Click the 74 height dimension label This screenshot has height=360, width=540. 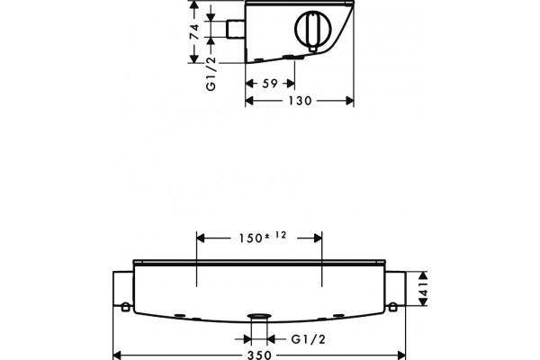point(195,31)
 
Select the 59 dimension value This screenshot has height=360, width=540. point(270,84)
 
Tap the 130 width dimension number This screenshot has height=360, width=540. point(300,101)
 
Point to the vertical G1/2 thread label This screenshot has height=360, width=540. point(211,74)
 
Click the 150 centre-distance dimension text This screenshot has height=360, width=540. point(251,238)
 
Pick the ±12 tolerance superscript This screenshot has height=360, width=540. point(276,236)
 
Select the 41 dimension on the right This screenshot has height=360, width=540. point(423,289)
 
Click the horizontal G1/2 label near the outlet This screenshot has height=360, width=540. point(308,339)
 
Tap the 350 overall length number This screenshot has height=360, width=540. point(260,355)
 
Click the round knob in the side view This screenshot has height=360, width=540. point(313,29)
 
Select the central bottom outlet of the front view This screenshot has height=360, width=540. point(259,316)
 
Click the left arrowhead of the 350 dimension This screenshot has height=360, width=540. point(118,355)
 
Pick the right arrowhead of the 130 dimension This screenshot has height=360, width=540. point(349,101)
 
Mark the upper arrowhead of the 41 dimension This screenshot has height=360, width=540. point(423,274)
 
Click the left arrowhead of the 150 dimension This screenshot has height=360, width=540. point(201,238)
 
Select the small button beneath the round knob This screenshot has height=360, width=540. point(312,49)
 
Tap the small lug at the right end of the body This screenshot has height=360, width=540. point(392,307)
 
